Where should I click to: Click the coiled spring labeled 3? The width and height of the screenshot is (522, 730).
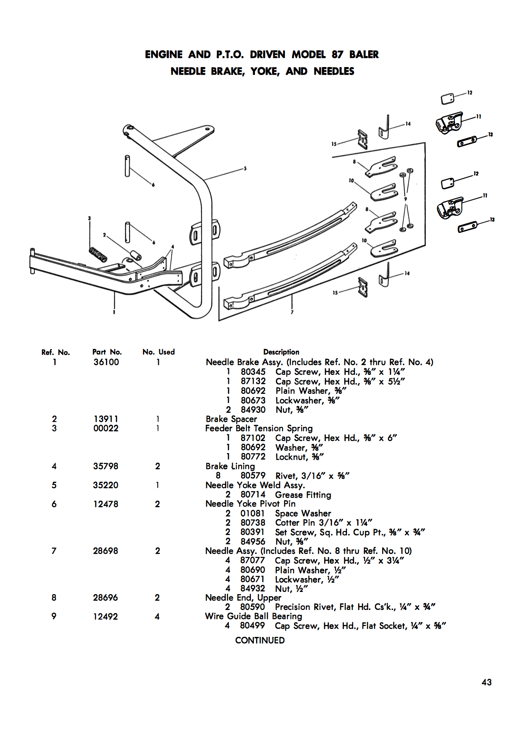(98, 255)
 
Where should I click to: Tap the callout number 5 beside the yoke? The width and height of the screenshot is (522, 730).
(245, 168)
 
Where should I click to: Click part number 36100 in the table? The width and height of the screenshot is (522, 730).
(106, 362)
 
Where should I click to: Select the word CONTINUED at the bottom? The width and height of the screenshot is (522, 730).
(260, 640)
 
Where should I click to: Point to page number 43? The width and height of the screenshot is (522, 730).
(486, 682)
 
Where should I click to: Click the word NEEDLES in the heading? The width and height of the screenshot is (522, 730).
(334, 71)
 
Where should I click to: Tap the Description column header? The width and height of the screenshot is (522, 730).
(281, 352)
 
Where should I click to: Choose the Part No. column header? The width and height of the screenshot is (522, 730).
(107, 352)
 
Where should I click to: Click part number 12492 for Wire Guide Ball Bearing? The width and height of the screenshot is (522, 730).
(105, 617)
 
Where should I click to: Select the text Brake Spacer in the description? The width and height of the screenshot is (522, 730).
(231, 419)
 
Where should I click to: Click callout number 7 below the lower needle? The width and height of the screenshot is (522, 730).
(292, 312)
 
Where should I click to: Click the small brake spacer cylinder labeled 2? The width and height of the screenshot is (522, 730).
(135, 255)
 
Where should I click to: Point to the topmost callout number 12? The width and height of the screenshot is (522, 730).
(470, 93)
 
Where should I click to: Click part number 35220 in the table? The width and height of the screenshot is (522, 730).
(105, 485)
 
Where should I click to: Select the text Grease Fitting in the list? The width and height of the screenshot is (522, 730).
(303, 495)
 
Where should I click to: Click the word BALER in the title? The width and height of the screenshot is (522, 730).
(364, 55)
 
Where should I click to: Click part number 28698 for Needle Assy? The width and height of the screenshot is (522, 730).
(105, 551)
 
